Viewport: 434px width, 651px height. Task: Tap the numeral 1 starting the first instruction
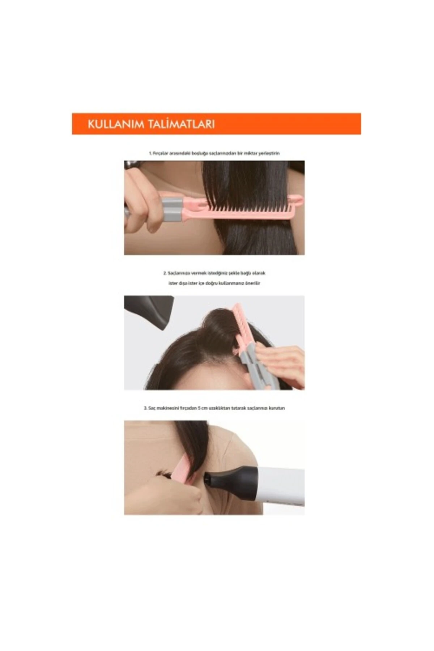point(150,153)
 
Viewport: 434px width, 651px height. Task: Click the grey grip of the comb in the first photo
point(172,209)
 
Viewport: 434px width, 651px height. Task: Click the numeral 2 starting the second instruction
point(165,273)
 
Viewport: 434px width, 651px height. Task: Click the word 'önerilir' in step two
point(253,283)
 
